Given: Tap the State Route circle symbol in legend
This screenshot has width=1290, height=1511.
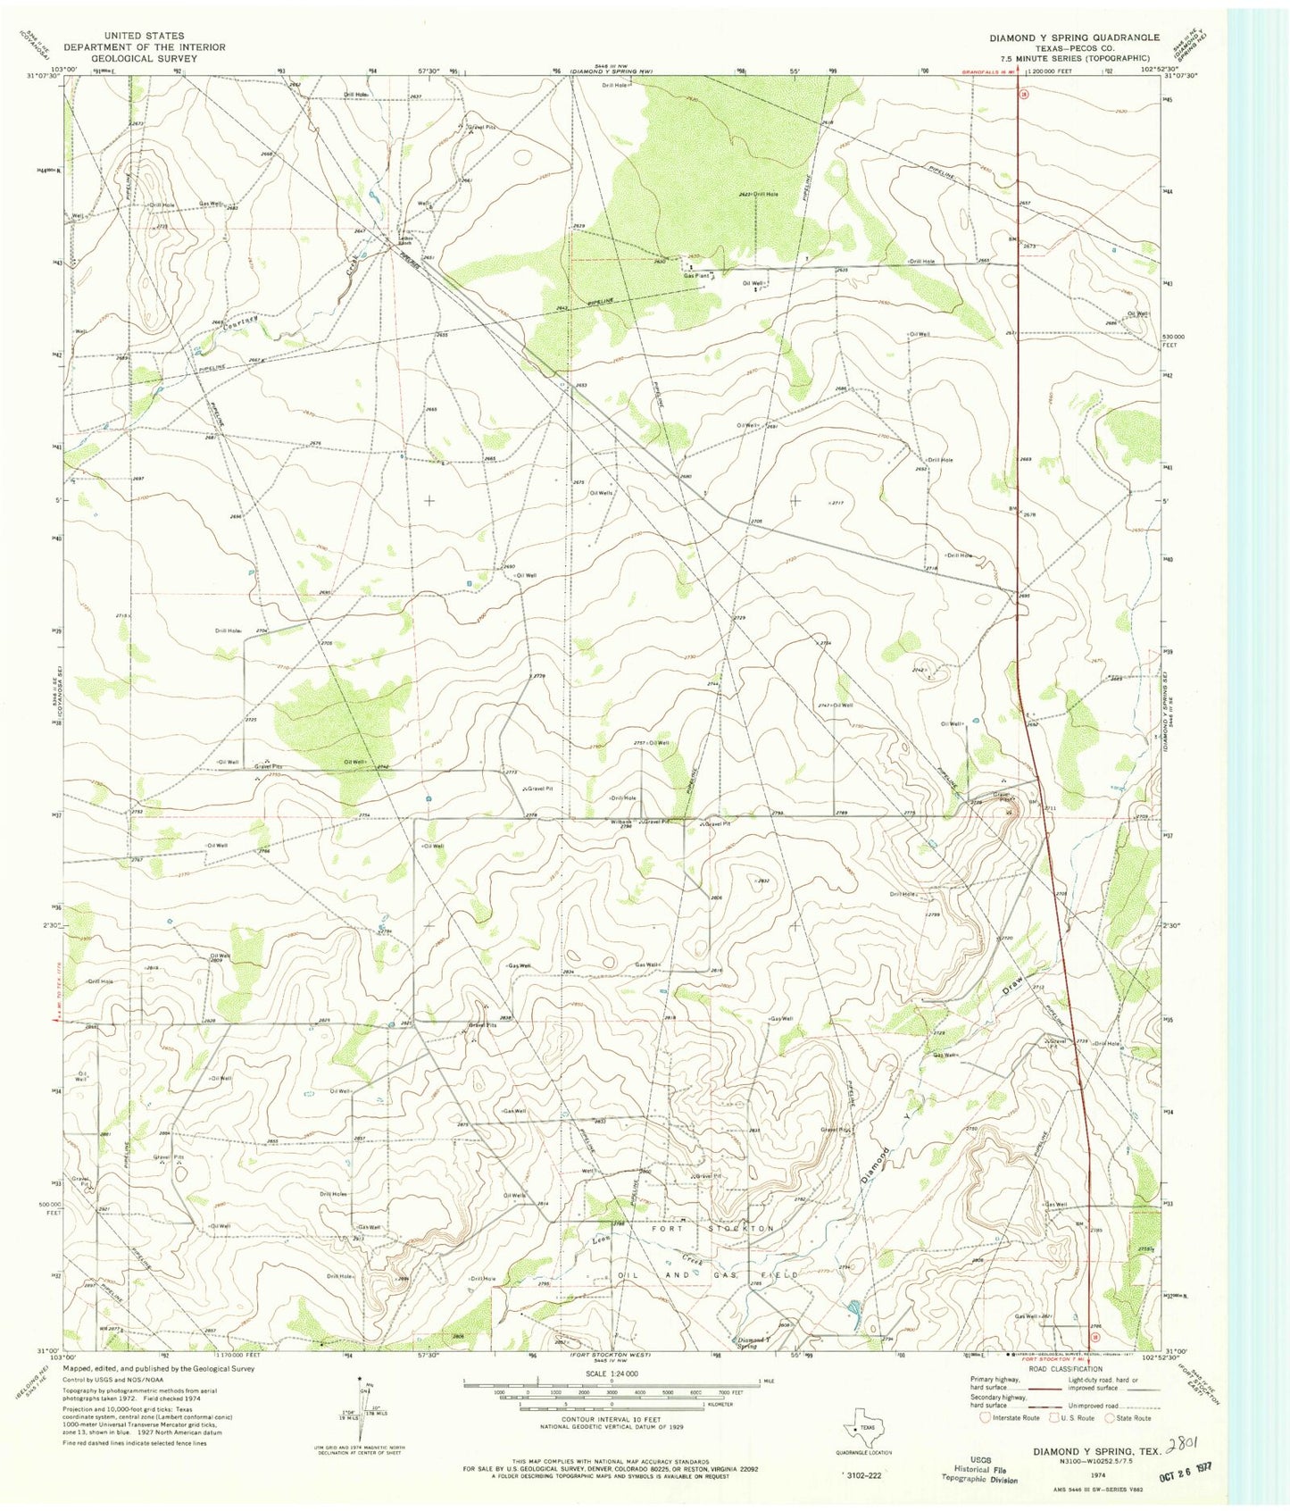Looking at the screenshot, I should (x=1111, y=1417).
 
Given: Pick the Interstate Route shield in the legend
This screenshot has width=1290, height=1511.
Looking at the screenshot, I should (x=985, y=1417).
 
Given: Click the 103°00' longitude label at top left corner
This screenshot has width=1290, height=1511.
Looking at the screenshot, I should (x=64, y=68).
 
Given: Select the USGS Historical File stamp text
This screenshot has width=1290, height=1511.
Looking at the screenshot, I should (x=975, y=1468).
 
